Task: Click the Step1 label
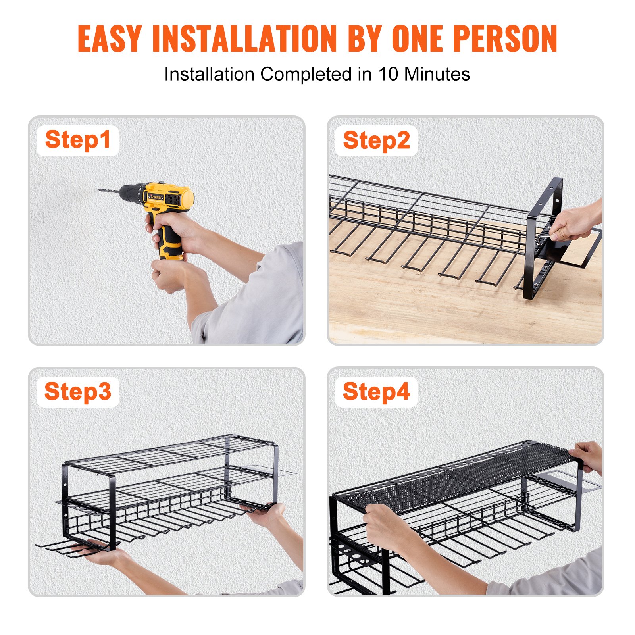pos(78,140)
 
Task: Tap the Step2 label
pos(376,140)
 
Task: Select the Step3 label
pos(78,392)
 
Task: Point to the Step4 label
pos(376,392)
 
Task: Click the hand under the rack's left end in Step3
pos(95,554)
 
